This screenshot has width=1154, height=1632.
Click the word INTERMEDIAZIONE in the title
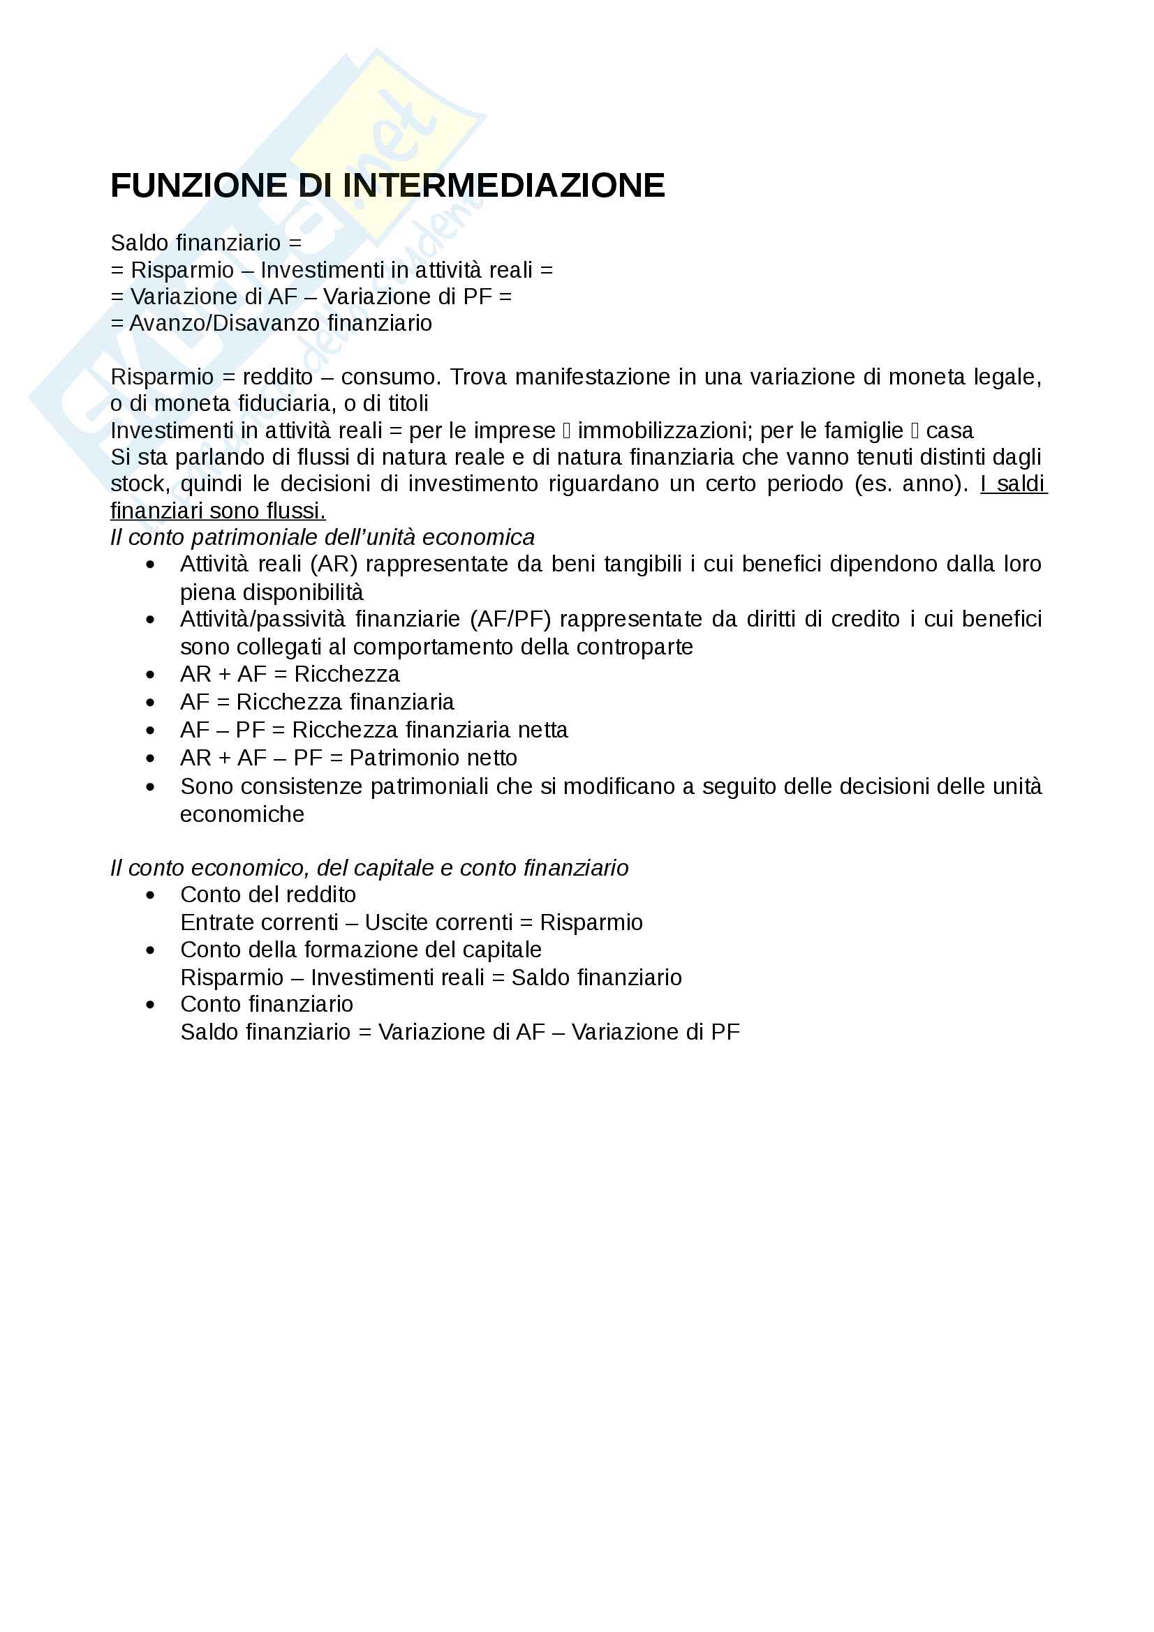pyautogui.click(x=504, y=186)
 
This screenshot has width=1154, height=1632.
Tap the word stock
pyautogui.click(x=139, y=484)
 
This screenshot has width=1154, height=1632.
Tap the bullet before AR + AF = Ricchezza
pyautogui.click(x=150, y=675)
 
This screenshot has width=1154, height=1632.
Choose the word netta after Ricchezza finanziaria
pyautogui.click(x=538, y=730)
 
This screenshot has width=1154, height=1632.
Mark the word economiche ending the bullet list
pyautogui.click(x=242, y=814)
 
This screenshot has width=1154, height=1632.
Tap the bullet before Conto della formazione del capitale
pyautogui.click(x=150, y=950)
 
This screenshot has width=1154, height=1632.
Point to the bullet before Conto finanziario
pyautogui.click(x=150, y=1005)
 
